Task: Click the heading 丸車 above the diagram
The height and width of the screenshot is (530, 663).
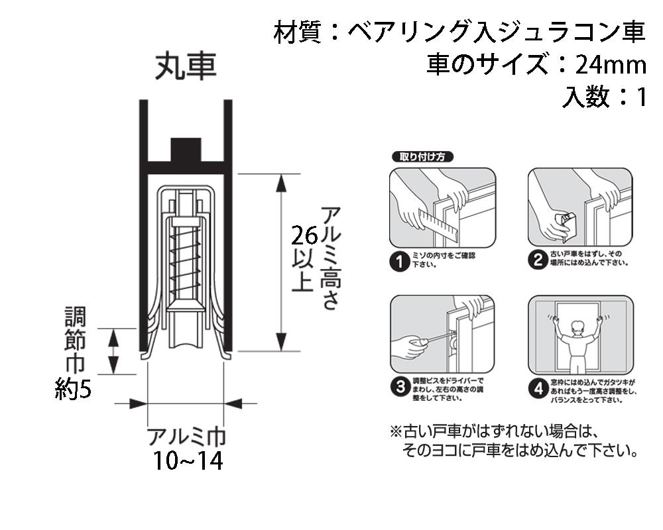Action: tap(186, 67)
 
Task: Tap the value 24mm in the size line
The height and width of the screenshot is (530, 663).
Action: tap(611, 65)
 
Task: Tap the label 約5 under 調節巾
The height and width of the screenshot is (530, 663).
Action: tap(73, 389)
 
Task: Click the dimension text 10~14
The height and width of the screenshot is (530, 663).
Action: tap(187, 460)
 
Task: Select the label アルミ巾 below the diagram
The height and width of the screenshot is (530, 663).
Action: tap(186, 437)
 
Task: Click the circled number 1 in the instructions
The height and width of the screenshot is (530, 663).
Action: tap(399, 262)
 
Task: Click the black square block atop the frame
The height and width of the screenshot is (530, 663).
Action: tap(186, 150)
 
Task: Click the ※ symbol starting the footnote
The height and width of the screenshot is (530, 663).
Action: tap(396, 432)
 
